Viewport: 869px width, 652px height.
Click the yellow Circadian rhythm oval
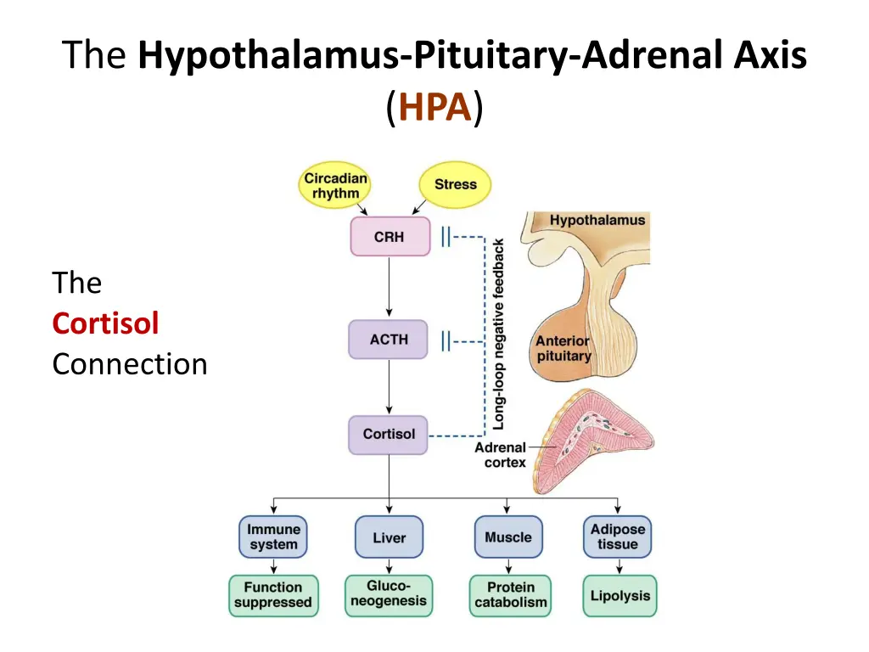(x=336, y=185)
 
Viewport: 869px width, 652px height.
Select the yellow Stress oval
(x=456, y=184)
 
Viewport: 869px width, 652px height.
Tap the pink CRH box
(x=390, y=237)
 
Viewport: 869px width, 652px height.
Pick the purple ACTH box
(x=389, y=340)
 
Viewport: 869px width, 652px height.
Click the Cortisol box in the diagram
(x=389, y=434)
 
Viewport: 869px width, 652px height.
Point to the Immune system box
(x=273, y=537)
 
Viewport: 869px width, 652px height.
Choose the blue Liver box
(x=389, y=537)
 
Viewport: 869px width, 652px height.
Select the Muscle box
(x=508, y=537)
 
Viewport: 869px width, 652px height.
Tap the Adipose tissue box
(x=618, y=537)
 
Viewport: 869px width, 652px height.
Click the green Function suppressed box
(x=273, y=595)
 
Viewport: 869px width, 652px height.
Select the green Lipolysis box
(x=620, y=595)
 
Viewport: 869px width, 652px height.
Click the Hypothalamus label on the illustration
(x=597, y=220)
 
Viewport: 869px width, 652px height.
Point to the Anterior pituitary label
(x=563, y=348)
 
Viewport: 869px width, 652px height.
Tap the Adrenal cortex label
(x=501, y=455)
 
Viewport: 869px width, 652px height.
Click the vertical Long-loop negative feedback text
(x=499, y=333)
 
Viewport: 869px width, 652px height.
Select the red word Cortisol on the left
(x=105, y=323)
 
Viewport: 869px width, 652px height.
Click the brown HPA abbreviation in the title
(x=434, y=109)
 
